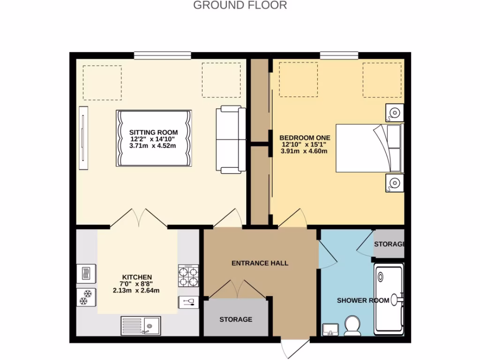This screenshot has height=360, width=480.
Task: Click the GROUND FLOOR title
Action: (x=240, y=6)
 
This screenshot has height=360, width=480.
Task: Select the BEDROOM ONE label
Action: (x=305, y=138)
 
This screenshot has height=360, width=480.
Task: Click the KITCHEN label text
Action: (x=137, y=277)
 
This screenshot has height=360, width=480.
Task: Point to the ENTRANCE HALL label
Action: (x=260, y=263)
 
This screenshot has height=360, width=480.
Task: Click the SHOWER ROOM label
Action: (x=363, y=300)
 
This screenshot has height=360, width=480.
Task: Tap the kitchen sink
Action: (x=141, y=324)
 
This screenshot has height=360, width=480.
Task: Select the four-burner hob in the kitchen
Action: (x=188, y=276)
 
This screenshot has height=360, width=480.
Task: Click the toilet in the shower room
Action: (x=352, y=325)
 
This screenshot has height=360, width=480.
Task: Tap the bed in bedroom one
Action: (x=368, y=148)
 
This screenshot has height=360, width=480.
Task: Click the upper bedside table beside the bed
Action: (x=394, y=113)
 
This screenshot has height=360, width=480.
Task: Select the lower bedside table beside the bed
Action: (x=394, y=183)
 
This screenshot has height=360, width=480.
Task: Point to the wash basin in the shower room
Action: (x=331, y=329)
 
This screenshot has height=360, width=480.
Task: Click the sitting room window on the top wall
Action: (x=162, y=55)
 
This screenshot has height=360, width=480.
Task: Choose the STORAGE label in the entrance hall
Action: (x=236, y=319)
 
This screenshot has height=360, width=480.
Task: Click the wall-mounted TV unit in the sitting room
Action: (x=83, y=138)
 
